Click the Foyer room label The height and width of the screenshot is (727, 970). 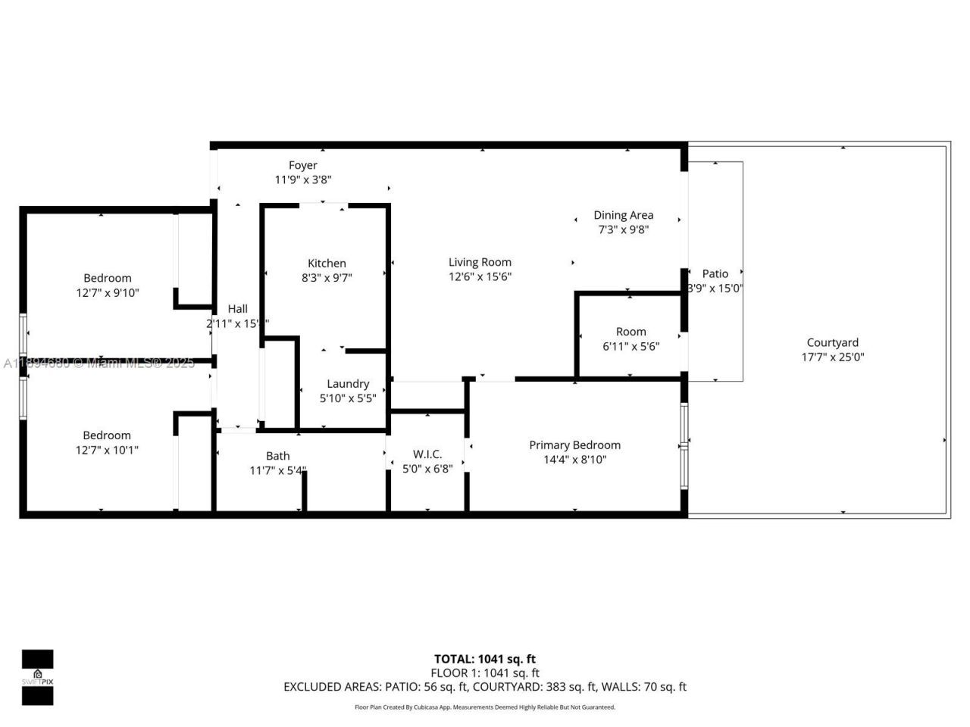point(302,165)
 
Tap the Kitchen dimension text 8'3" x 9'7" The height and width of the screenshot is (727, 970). point(327,278)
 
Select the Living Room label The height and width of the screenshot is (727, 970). point(480,262)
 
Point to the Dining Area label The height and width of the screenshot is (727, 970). point(623,215)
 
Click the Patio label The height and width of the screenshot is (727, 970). point(715,273)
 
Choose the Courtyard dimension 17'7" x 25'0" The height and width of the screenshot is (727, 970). point(832,357)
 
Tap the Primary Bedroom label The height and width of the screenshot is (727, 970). point(574,445)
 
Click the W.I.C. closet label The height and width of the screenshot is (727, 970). point(427,454)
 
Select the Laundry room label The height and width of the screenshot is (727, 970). point(348,384)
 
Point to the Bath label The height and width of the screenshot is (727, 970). point(277,456)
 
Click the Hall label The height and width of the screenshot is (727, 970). point(237,309)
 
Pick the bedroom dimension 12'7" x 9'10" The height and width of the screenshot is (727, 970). point(108,293)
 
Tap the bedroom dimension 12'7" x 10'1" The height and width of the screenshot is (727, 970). point(107,450)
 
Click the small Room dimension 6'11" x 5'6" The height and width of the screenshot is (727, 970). point(630,347)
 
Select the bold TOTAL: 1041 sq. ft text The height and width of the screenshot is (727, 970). point(484,659)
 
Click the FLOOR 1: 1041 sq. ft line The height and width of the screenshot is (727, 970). point(484,672)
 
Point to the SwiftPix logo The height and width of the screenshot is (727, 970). point(37,677)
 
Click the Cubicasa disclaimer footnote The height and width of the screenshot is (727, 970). point(485,707)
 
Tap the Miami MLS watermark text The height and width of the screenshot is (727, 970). point(99,363)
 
